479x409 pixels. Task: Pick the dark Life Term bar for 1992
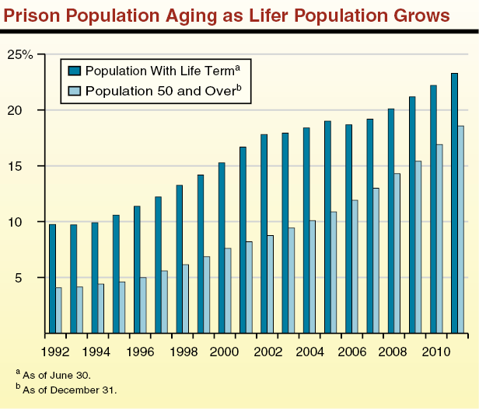pos(52,279)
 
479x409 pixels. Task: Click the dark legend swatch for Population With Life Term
pos(75,71)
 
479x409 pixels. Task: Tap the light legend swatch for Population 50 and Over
pos(75,91)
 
